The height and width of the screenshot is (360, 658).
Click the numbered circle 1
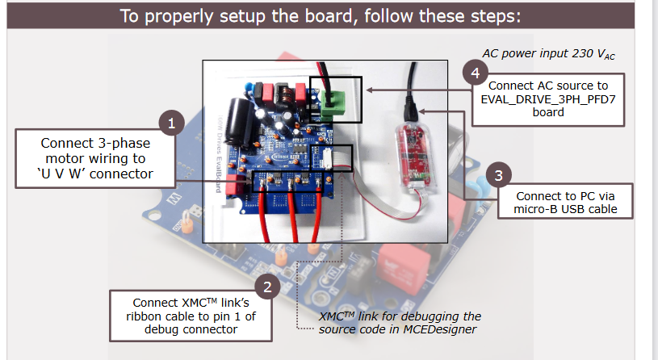pos(172,123)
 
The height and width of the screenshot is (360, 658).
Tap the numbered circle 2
pos(267,287)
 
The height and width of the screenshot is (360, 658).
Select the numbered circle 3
pos(498,175)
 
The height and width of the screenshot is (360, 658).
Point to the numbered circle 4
pos(475,73)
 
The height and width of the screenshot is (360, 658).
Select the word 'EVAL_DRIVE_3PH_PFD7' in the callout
pos(548,99)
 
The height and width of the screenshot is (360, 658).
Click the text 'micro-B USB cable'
pos(565,209)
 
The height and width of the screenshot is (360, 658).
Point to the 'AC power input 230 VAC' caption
pos(548,54)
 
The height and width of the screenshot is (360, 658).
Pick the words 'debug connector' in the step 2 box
pos(191,329)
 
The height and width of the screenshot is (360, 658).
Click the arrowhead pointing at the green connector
pos(369,90)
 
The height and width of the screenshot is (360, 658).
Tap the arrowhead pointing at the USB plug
pos(422,111)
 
